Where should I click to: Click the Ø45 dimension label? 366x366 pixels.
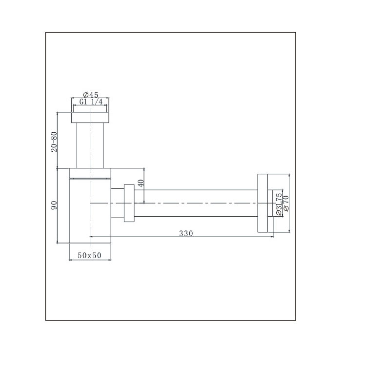tap(91, 95)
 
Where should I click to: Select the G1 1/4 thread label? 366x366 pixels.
tap(91, 102)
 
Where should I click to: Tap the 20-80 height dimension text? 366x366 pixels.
tap(54, 142)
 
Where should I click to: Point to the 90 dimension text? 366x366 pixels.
tap(54, 205)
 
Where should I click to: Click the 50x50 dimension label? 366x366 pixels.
tap(90, 255)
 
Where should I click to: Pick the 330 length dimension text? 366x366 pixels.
tap(186, 233)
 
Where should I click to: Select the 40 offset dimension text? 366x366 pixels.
tap(141, 183)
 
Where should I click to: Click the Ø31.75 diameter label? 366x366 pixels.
tap(279, 204)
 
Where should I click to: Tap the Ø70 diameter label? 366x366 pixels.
tap(285, 203)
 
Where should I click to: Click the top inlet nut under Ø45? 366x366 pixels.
tap(90, 118)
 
